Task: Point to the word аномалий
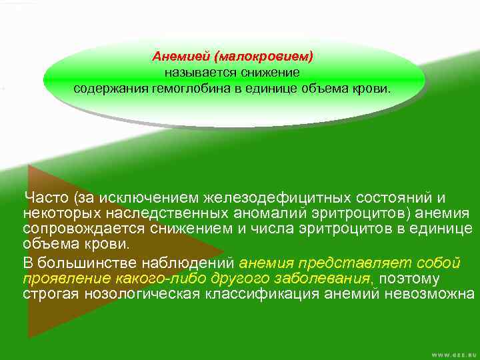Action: click(x=267, y=213)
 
